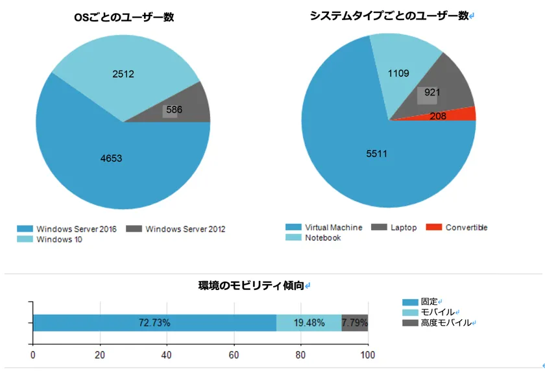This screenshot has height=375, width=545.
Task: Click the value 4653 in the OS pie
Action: [x=111, y=158]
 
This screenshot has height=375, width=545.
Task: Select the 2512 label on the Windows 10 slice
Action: [x=123, y=74]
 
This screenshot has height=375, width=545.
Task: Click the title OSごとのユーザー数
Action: [x=124, y=18]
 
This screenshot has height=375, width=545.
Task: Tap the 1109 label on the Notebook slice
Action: [x=398, y=73]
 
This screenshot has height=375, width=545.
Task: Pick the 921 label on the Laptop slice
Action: [x=432, y=93]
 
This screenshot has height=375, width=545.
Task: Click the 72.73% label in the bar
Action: [x=154, y=323]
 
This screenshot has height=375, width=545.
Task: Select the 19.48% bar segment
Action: [x=309, y=323]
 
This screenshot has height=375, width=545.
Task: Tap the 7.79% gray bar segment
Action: [x=355, y=323]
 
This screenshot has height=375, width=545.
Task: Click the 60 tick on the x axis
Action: [x=234, y=355]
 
